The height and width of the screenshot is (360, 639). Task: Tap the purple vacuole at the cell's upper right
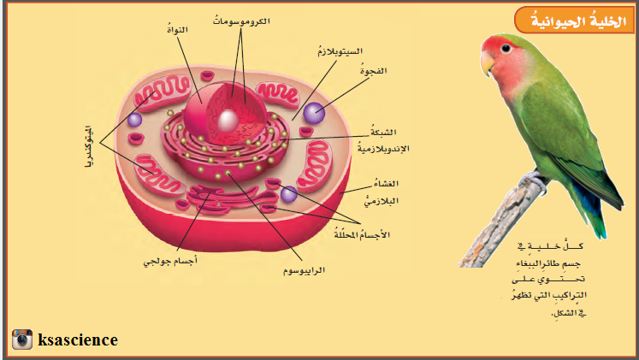pos(314,111)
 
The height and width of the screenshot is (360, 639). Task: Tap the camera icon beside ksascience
pos(22,339)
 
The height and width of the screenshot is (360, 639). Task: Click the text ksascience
pos(78,339)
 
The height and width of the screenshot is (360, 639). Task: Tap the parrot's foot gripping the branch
pos(535,177)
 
